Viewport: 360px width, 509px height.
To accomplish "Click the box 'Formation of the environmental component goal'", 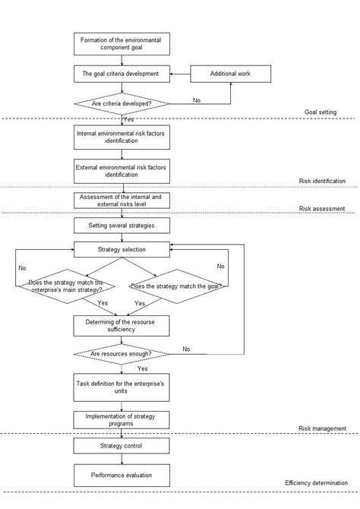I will pyautogui.click(x=121, y=43).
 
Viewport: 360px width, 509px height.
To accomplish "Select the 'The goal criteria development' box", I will pyautogui.click(x=121, y=74).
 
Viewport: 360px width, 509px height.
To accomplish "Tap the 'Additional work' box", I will pyautogui.click(x=229, y=74).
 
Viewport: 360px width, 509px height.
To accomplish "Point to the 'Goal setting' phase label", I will pyautogui.click(x=320, y=112).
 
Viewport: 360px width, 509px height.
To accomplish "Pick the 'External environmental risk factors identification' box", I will pyautogui.click(x=121, y=170).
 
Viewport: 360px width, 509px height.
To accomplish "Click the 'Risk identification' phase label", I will pyautogui.click(x=321, y=182).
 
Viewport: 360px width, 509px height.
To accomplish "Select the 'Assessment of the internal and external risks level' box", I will pyautogui.click(x=121, y=201).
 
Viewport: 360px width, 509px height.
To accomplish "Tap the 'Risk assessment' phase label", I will pyautogui.click(x=322, y=208).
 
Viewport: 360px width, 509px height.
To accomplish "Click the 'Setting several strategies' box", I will pyautogui.click(x=121, y=226).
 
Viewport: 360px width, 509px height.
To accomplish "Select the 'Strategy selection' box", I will pyautogui.click(x=121, y=248).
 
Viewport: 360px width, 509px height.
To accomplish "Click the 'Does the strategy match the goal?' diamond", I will pyautogui.click(x=176, y=286).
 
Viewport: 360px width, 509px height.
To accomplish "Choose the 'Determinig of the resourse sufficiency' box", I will pyautogui.click(x=121, y=325).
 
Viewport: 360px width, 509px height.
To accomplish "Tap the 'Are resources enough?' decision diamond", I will pyautogui.click(x=121, y=354).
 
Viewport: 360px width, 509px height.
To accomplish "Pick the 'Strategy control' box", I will pyautogui.click(x=121, y=446).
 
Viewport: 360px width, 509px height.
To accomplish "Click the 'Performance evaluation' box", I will pyautogui.click(x=121, y=476).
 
